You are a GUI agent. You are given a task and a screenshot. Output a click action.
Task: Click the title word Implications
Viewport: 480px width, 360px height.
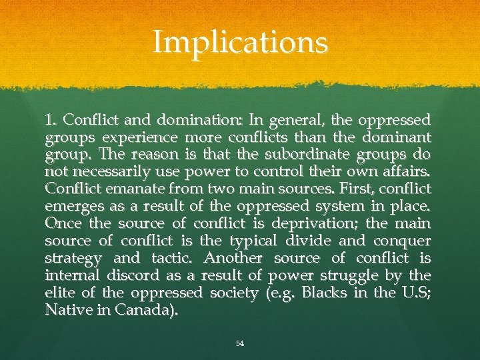(240, 43)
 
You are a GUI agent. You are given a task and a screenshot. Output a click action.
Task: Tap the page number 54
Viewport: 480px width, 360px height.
(240, 343)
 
